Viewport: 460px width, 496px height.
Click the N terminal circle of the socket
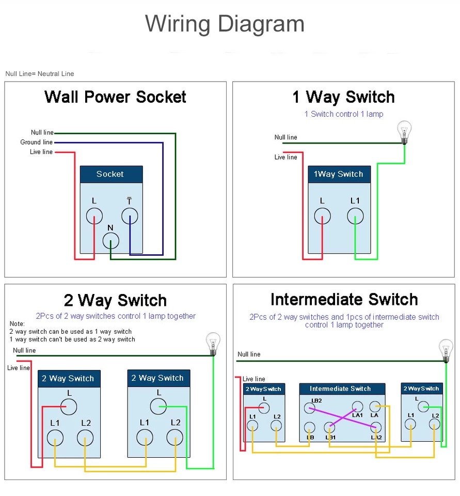click(111, 240)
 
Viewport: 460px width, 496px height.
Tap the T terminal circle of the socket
click(130, 216)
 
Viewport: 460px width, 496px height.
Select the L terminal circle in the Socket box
click(94, 216)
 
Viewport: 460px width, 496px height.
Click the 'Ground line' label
click(36, 142)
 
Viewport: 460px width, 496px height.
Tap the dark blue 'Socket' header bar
click(111, 174)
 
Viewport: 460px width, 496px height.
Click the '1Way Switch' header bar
click(339, 174)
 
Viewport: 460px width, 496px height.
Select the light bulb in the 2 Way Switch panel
click(213, 343)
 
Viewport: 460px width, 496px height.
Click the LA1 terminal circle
click(358, 407)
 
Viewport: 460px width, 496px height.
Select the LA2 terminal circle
click(376, 427)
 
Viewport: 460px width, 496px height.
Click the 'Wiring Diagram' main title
click(225, 24)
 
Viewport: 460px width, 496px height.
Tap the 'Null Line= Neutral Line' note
click(40, 74)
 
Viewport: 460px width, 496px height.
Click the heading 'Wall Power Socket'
click(115, 97)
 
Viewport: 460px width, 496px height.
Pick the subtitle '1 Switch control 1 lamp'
click(344, 114)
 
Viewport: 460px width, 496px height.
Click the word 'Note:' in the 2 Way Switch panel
click(17, 323)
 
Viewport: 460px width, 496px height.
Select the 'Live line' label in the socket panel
click(41, 152)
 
